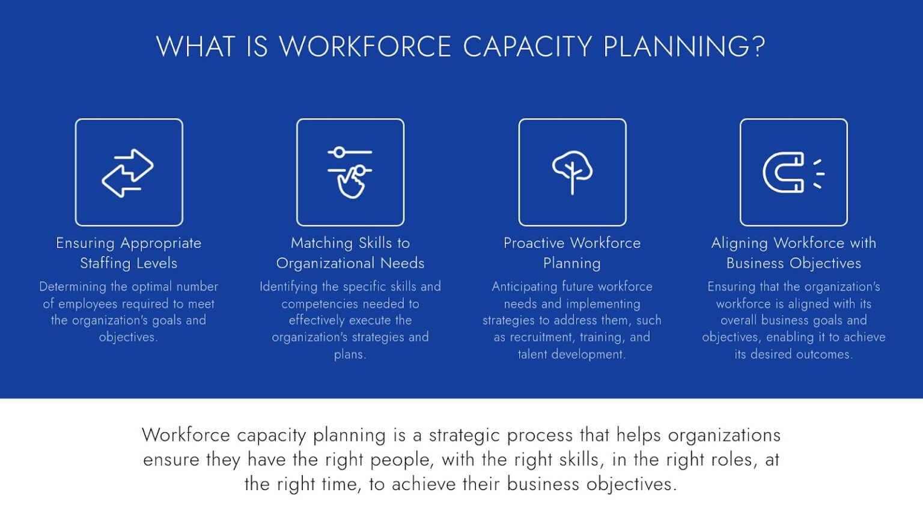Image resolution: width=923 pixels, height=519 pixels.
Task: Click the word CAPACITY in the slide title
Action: click(x=528, y=46)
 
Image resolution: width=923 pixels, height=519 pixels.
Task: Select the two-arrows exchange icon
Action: click(x=128, y=173)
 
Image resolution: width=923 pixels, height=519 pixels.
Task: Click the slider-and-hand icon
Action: click(x=350, y=172)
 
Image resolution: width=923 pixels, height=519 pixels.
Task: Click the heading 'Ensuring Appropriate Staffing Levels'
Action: click(x=129, y=253)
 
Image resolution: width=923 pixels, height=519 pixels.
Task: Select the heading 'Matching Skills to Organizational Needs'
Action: click(x=350, y=253)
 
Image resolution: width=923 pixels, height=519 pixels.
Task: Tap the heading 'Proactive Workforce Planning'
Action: click(x=572, y=253)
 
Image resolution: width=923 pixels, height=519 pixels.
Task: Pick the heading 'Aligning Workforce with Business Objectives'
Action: click(x=794, y=253)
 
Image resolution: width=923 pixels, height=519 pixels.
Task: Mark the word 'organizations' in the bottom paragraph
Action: click(x=724, y=436)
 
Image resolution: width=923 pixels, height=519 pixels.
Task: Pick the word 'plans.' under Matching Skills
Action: click(x=350, y=354)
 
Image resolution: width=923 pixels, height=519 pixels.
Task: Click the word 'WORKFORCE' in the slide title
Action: click(x=365, y=46)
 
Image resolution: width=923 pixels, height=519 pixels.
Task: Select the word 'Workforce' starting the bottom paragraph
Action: click(x=186, y=435)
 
